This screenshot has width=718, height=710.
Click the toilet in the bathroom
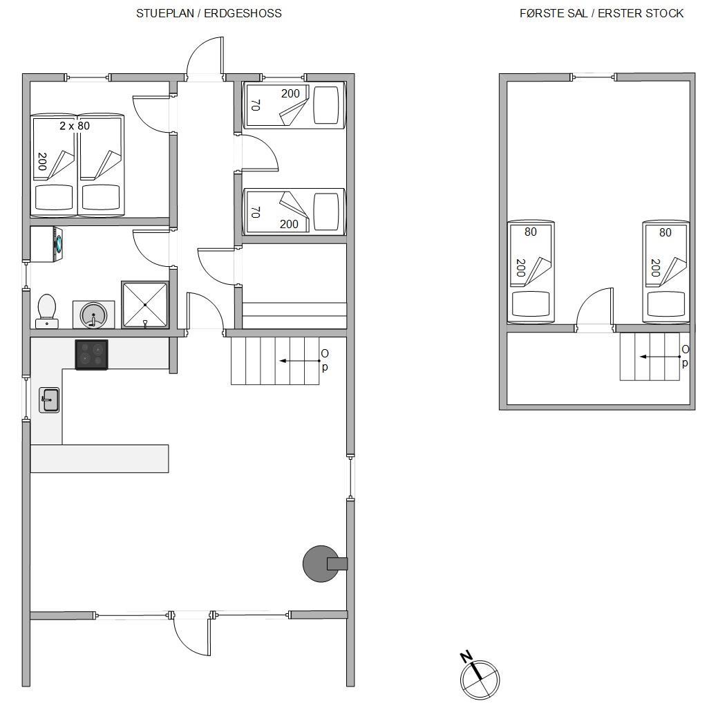pos(47,311)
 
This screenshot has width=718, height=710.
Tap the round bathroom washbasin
pos(93,315)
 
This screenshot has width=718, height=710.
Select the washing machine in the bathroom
pos(47,244)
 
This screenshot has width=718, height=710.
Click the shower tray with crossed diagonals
pos(144,305)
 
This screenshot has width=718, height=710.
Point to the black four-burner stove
pos(92,355)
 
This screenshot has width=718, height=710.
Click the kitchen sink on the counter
pos(49,400)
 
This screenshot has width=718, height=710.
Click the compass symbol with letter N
pos(479,678)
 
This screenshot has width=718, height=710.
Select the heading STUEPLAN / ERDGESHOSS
pos(209,13)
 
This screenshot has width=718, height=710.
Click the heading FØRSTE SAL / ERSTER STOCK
pos(601,13)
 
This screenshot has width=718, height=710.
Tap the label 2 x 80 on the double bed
pos(75,126)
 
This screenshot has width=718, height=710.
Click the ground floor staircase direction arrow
pos(300,361)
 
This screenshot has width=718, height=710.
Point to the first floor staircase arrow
pos(660,356)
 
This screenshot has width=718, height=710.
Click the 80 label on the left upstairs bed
pos(530,232)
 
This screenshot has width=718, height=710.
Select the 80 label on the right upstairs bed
pos(665,232)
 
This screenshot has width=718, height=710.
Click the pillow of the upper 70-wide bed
pos(326,105)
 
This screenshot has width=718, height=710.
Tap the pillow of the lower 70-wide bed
pos(326,212)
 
